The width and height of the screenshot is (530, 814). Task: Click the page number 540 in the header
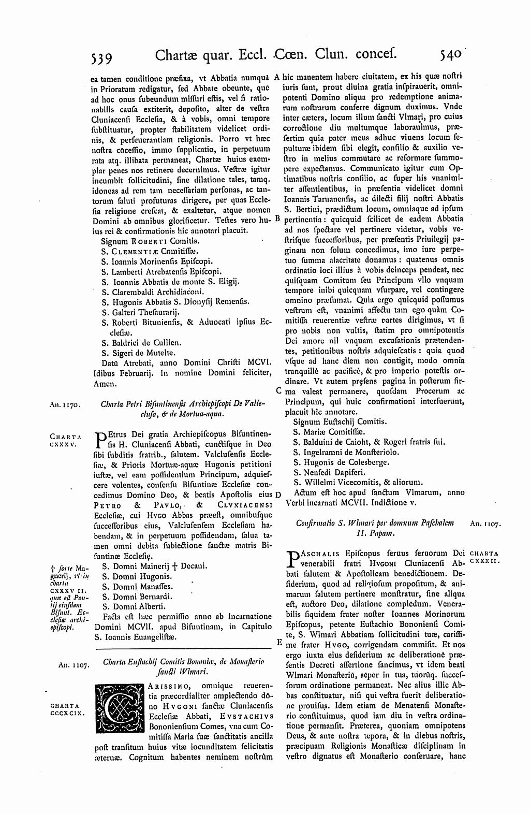(x=452, y=54)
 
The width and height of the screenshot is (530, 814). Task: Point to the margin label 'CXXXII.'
(x=484, y=562)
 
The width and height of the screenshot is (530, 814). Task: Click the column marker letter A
(x=277, y=77)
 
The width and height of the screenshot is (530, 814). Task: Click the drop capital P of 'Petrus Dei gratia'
(x=101, y=438)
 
